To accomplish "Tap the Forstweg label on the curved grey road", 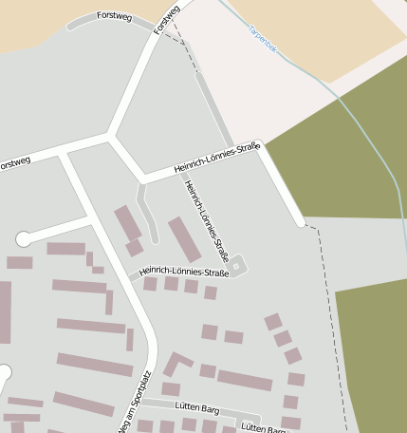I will (x=114, y=16).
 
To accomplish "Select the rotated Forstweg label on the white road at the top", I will (x=166, y=20).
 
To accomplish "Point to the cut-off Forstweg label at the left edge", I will (x=14, y=163).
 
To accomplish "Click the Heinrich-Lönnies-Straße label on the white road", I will (x=217, y=158).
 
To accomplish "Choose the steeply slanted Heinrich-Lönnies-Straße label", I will (x=207, y=220).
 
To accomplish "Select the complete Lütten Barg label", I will (x=197, y=409).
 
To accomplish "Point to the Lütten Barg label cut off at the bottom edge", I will (x=263, y=428).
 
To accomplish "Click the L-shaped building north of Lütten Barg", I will (x=176, y=363).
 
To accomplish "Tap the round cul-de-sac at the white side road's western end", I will (x=24, y=239).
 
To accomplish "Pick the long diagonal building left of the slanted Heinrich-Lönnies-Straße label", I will (x=184, y=239).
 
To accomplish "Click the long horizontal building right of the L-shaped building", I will (x=244, y=380).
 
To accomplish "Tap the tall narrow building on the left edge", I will (x=5, y=311).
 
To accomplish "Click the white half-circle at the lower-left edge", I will (x=4, y=371).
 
